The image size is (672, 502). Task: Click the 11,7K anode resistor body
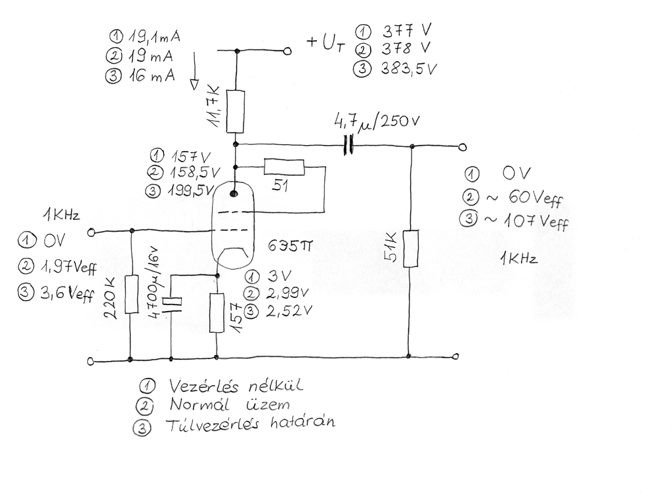(x=236, y=112)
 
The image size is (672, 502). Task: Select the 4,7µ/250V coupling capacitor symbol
(x=349, y=145)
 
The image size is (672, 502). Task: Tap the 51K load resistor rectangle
(x=411, y=249)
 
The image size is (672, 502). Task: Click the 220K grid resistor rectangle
(x=131, y=295)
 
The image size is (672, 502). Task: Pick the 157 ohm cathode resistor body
(x=217, y=313)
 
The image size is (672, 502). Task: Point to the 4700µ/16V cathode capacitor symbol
(x=173, y=302)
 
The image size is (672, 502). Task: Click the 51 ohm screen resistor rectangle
(x=284, y=167)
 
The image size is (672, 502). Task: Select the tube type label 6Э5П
(x=290, y=247)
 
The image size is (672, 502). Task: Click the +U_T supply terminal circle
(x=288, y=51)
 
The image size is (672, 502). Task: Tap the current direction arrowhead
(x=194, y=85)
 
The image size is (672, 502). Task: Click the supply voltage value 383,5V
(x=409, y=68)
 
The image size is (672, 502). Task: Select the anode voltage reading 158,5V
(x=196, y=173)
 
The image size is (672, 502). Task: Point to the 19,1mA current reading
(x=154, y=37)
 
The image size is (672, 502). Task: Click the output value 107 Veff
(x=536, y=221)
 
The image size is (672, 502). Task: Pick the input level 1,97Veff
(x=68, y=267)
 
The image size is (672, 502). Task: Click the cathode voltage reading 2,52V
(x=289, y=311)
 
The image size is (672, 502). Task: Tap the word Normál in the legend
(x=199, y=405)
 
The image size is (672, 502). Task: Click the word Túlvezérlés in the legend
(x=213, y=425)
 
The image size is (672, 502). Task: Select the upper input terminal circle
(x=91, y=232)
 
